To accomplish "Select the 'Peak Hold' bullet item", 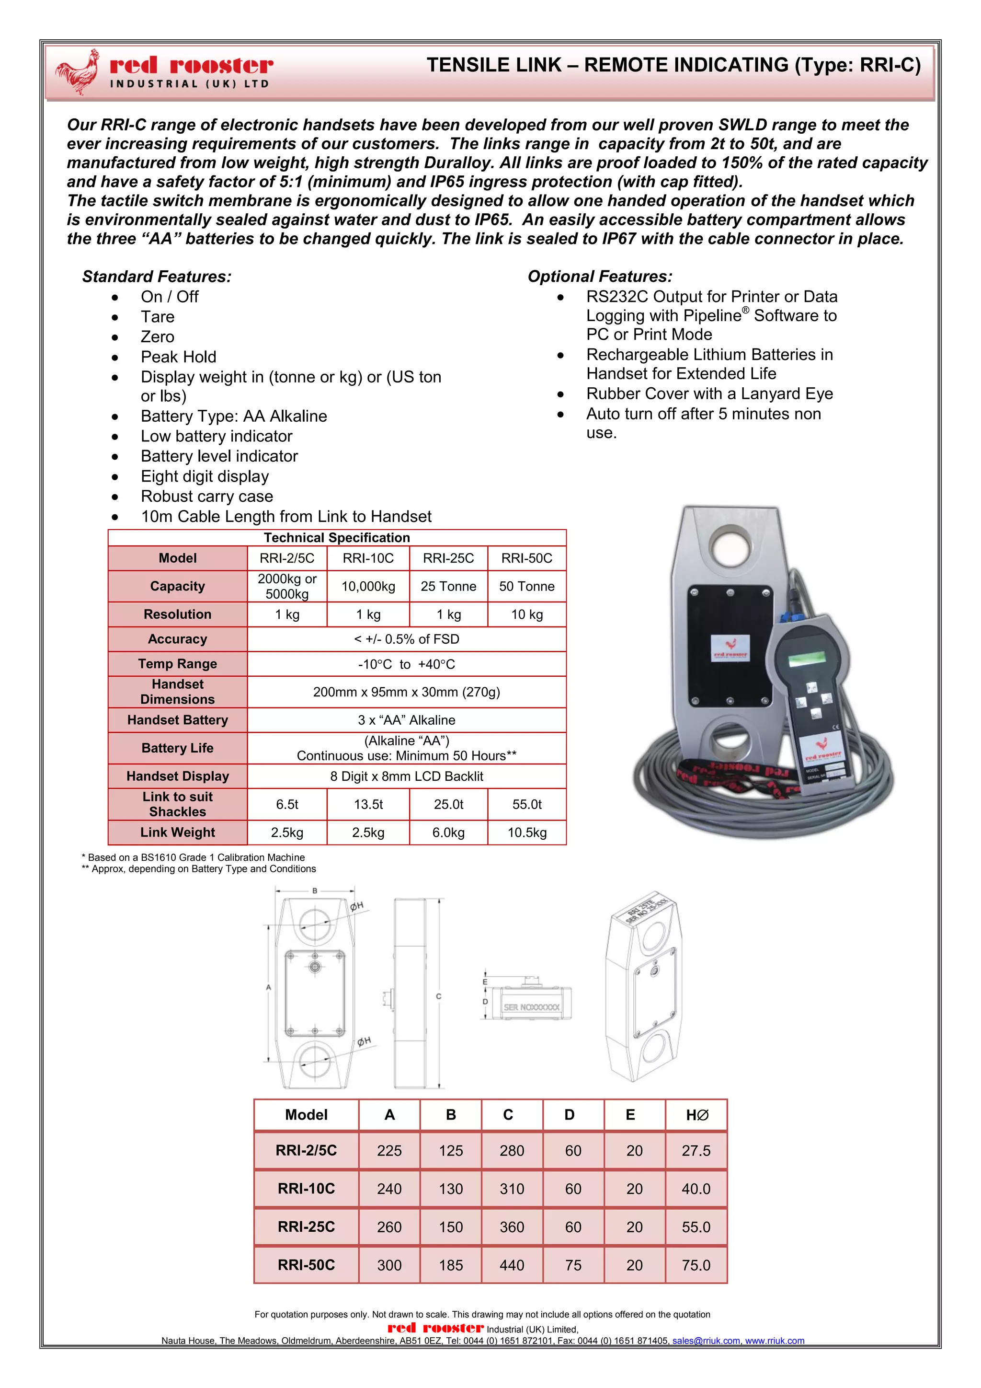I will click(x=178, y=357).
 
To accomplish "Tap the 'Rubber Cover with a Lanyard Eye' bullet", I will click(x=709, y=393).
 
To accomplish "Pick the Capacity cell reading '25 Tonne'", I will click(x=448, y=586).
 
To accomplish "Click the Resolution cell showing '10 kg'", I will click(x=527, y=614).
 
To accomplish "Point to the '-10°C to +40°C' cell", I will click(x=407, y=664).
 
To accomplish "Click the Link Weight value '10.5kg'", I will click(x=527, y=833).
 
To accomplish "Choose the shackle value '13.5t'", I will click(x=368, y=804).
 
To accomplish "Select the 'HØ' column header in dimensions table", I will click(x=696, y=1115).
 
